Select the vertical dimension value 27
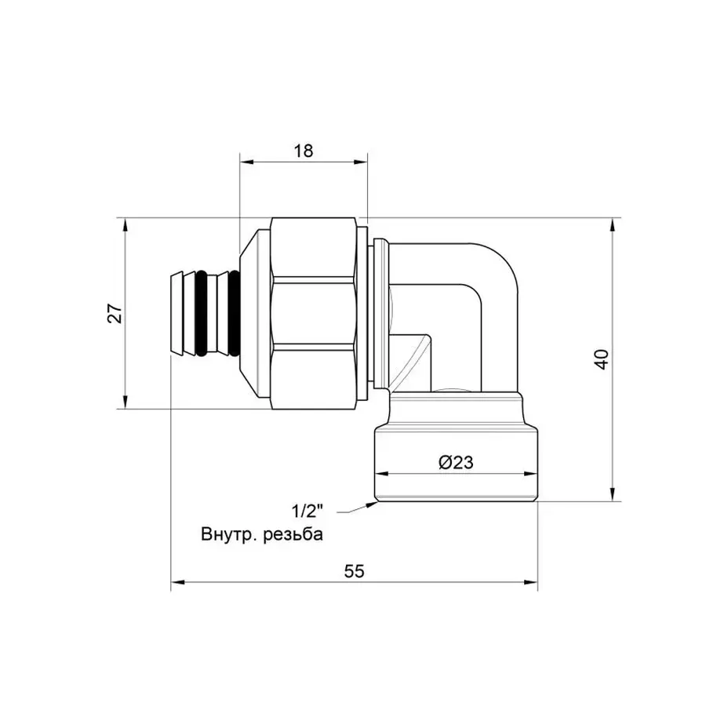[x=115, y=314]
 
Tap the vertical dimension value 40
[x=602, y=360]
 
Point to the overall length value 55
[x=355, y=571]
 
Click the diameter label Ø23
[x=456, y=463]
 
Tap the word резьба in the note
[x=291, y=535]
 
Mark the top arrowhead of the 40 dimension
[x=613, y=225]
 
